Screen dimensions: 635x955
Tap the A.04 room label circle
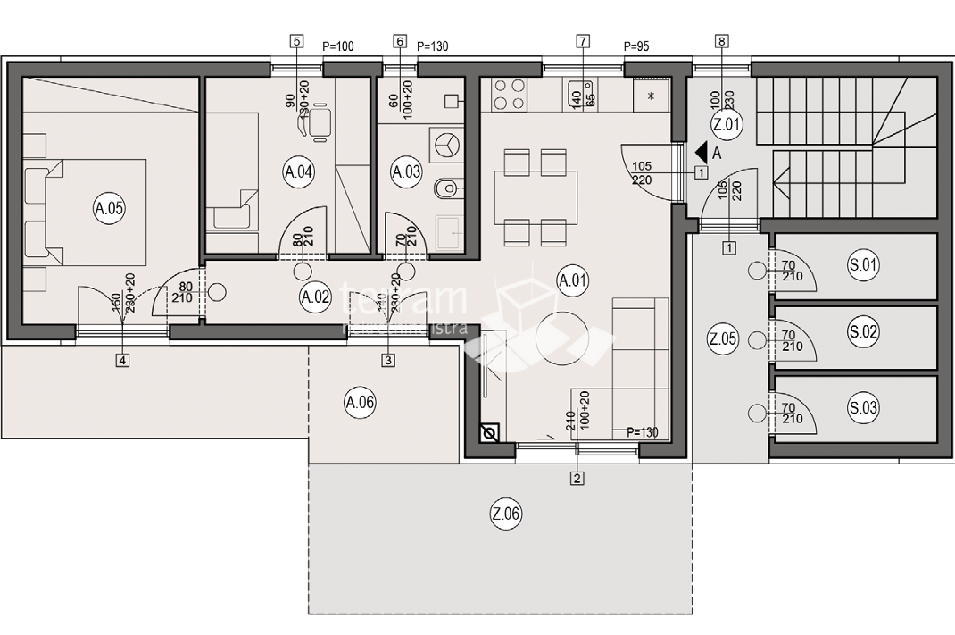[x=298, y=173]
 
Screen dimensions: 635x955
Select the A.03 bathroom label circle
[x=407, y=173]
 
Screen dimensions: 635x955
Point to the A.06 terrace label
[x=360, y=403]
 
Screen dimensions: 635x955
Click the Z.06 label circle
[x=506, y=514]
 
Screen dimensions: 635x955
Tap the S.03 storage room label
[x=864, y=409]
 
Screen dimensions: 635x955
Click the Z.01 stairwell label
[x=727, y=125]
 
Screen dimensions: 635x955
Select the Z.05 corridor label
[x=722, y=338]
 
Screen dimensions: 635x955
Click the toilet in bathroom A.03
[x=445, y=188]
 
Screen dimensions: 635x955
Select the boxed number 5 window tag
[x=295, y=41]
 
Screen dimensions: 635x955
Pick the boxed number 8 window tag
[x=721, y=41]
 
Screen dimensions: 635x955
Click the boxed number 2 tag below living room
[x=577, y=479]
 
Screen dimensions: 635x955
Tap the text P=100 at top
[x=338, y=46]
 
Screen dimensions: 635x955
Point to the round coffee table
[x=560, y=337]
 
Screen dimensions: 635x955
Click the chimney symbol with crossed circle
[x=489, y=435]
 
